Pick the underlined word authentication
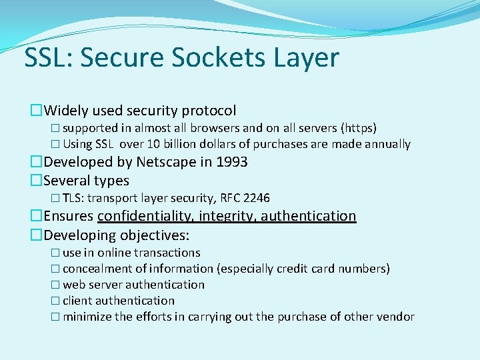pyautogui.click(x=309, y=216)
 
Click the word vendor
pyautogui.click(x=396, y=317)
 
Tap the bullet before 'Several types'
pyautogui.click(x=36, y=181)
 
